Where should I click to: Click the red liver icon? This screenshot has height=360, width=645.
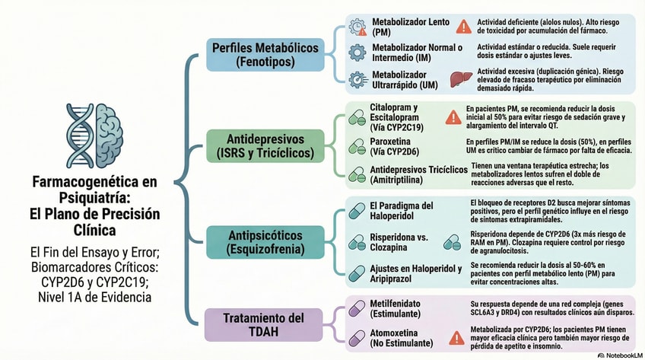(457, 78)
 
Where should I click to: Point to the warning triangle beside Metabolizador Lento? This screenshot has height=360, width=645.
(463, 27)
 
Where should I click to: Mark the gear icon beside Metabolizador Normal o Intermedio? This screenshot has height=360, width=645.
(357, 52)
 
